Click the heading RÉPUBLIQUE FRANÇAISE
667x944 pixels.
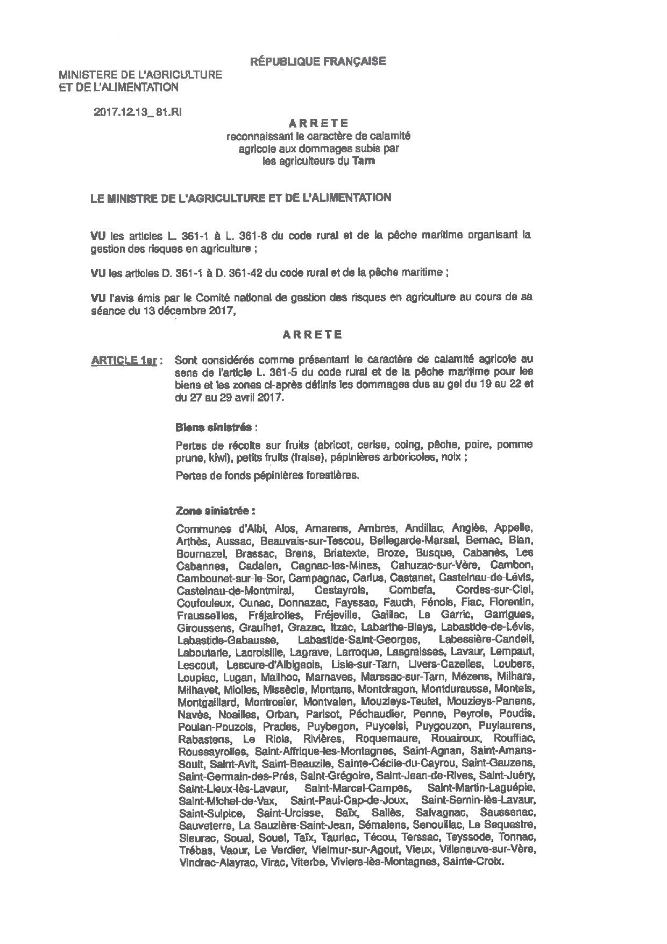(318, 61)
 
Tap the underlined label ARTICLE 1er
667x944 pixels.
(124, 361)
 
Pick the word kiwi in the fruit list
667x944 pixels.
(214, 457)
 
